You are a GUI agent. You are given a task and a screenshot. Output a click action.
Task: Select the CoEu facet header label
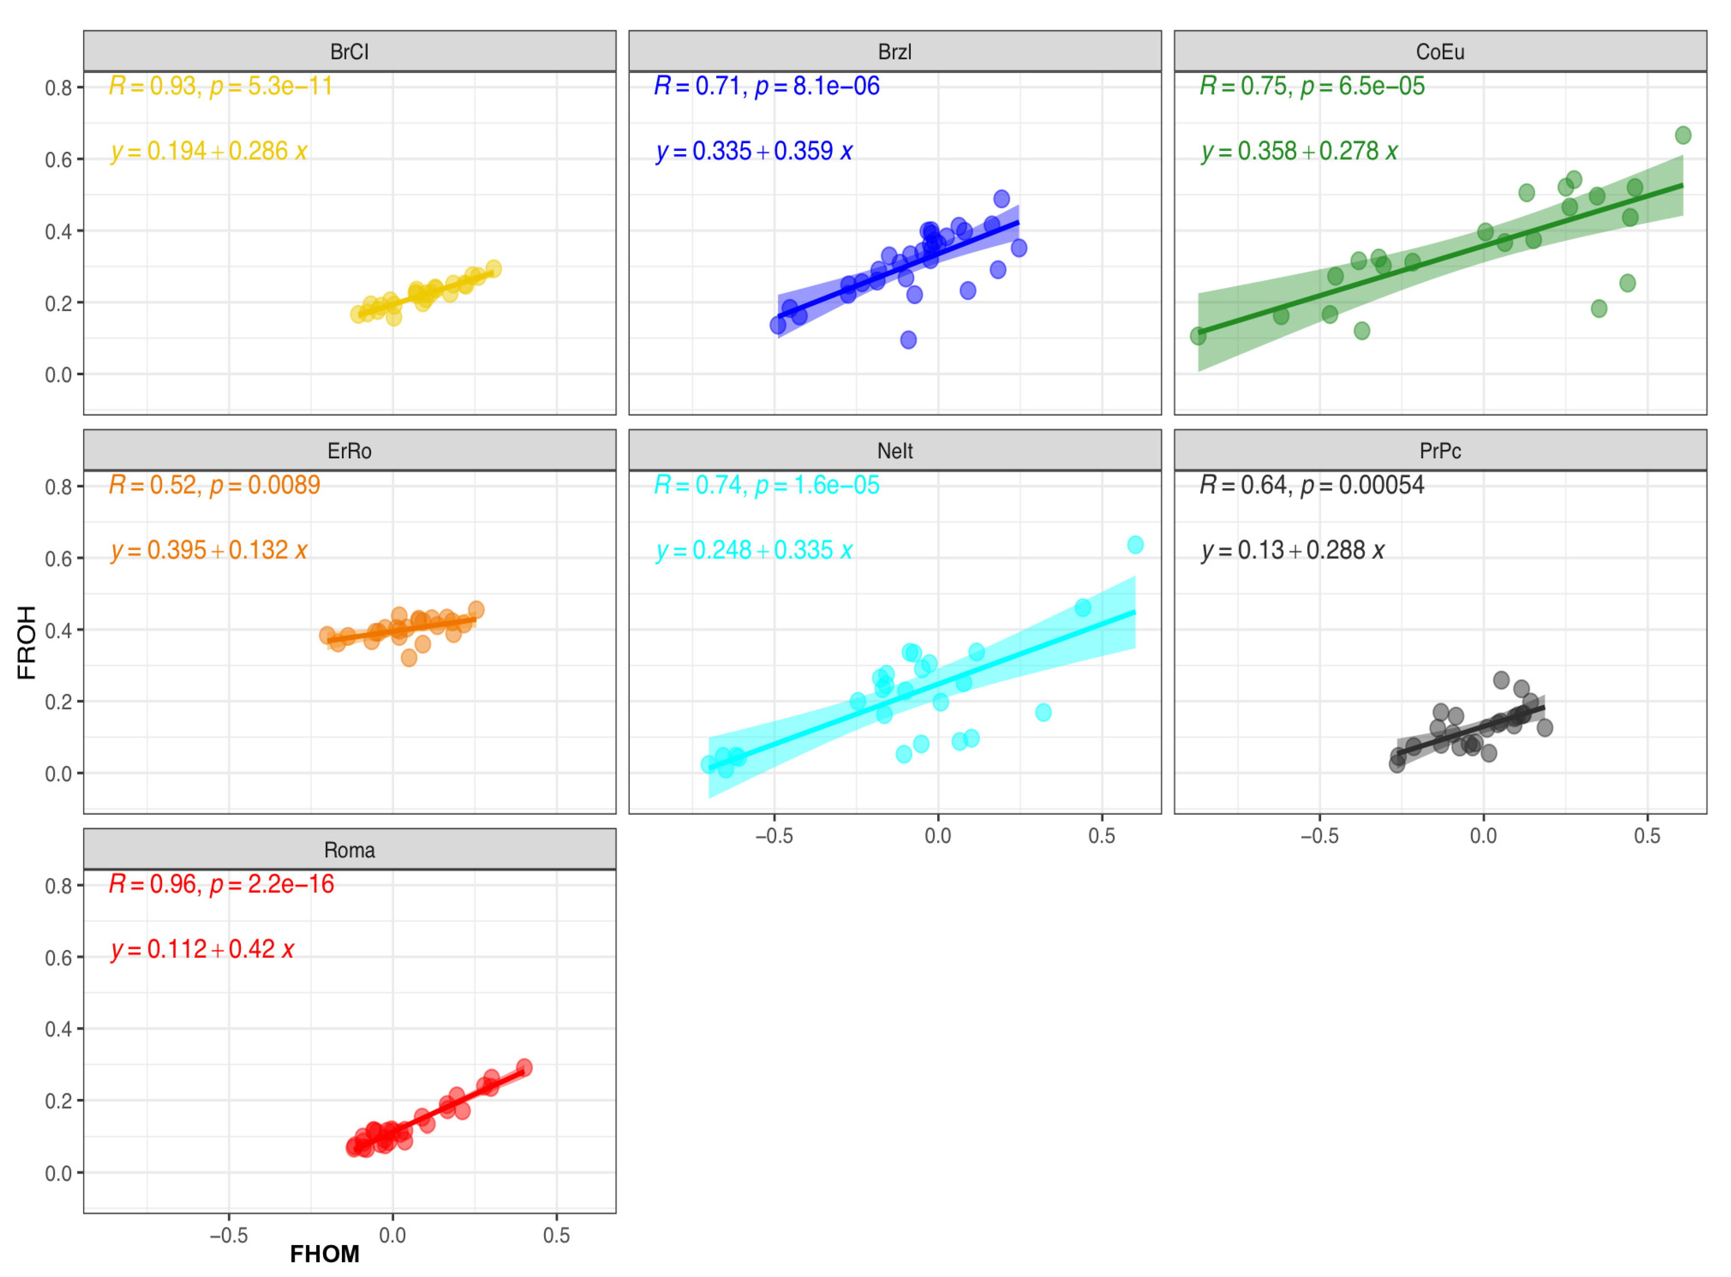click(x=1439, y=52)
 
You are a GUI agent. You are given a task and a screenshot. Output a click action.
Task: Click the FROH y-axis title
click(x=27, y=642)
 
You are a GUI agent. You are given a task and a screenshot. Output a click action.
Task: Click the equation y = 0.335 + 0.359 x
click(x=754, y=151)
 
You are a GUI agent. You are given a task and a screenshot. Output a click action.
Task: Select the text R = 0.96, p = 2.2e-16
click(x=221, y=883)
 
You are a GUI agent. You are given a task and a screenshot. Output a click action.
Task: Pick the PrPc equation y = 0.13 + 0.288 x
click(x=1292, y=550)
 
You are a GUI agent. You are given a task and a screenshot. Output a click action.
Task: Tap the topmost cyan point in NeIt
click(x=1135, y=545)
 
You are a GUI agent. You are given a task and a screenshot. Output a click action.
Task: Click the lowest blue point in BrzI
click(x=908, y=340)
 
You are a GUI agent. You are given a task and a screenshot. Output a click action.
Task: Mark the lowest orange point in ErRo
click(x=409, y=658)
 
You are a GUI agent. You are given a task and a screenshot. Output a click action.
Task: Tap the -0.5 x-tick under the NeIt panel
click(x=774, y=836)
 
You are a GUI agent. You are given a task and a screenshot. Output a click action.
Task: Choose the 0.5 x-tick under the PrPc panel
click(x=1647, y=836)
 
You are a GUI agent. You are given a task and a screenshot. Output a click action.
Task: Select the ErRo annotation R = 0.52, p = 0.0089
click(x=214, y=484)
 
